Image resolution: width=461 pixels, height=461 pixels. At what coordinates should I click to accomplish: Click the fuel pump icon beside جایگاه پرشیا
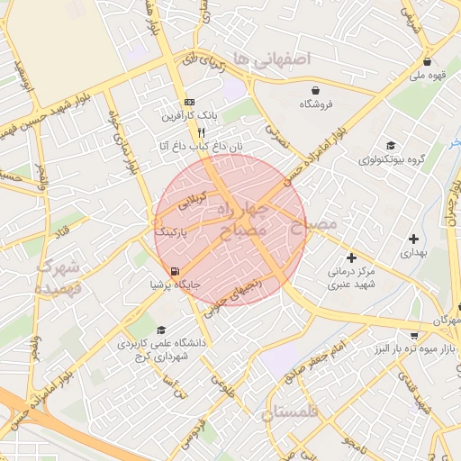173,271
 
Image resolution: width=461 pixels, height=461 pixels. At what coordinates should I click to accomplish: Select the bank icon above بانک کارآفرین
188,102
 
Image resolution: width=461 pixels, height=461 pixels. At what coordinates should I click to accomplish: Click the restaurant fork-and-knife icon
188,131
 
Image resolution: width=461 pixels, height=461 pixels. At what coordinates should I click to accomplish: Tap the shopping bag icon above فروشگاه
316,90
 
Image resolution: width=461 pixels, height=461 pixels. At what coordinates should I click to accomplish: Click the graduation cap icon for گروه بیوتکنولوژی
390,146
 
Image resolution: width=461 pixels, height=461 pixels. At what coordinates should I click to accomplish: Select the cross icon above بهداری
413,239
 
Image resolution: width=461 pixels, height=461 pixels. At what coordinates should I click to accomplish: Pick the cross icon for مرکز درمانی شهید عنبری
351,258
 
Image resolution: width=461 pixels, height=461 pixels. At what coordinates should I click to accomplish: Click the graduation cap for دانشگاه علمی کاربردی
161,330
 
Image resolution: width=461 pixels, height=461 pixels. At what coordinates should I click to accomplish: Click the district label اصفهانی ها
269,58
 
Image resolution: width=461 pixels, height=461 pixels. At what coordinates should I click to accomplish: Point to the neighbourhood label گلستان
291,413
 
